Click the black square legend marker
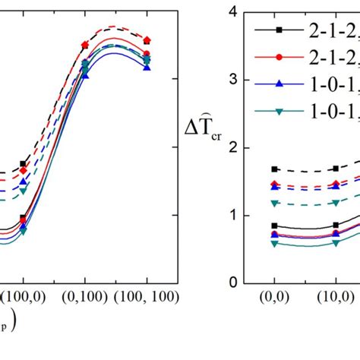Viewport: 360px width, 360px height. pyautogui.click(x=279, y=30)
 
